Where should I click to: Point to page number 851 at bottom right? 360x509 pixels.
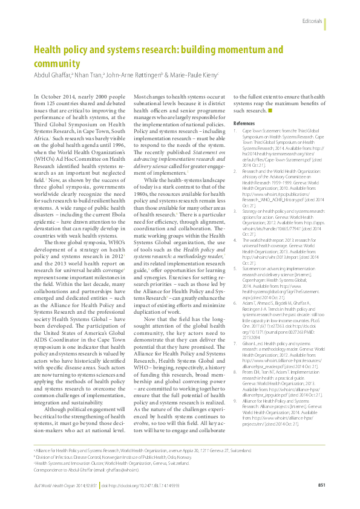[322, 485]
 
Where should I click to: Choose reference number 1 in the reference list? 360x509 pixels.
[236, 131]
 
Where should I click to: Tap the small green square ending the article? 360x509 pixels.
[270, 111]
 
